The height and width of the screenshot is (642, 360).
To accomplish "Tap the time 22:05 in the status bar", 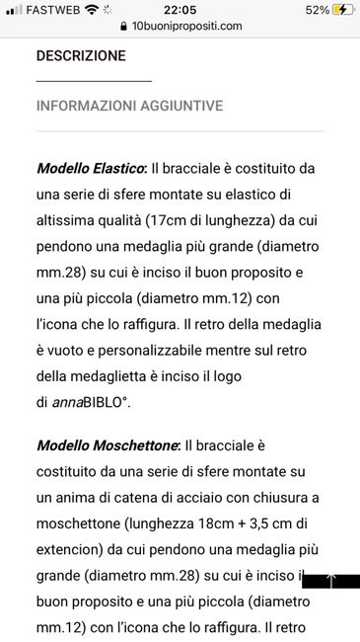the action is click(x=180, y=10).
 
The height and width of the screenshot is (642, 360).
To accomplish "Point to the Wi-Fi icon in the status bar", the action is click(x=93, y=10).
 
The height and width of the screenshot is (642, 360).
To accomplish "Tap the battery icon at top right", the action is click(x=343, y=10).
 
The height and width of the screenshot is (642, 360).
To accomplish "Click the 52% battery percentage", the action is click(x=317, y=10).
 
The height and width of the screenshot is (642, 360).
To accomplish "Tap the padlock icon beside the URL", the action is click(x=122, y=27).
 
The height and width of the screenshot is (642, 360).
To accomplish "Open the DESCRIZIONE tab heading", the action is click(x=81, y=56).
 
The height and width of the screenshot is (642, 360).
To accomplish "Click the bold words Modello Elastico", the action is click(x=91, y=169).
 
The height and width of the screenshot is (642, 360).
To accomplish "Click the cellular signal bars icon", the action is click(x=14, y=10).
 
